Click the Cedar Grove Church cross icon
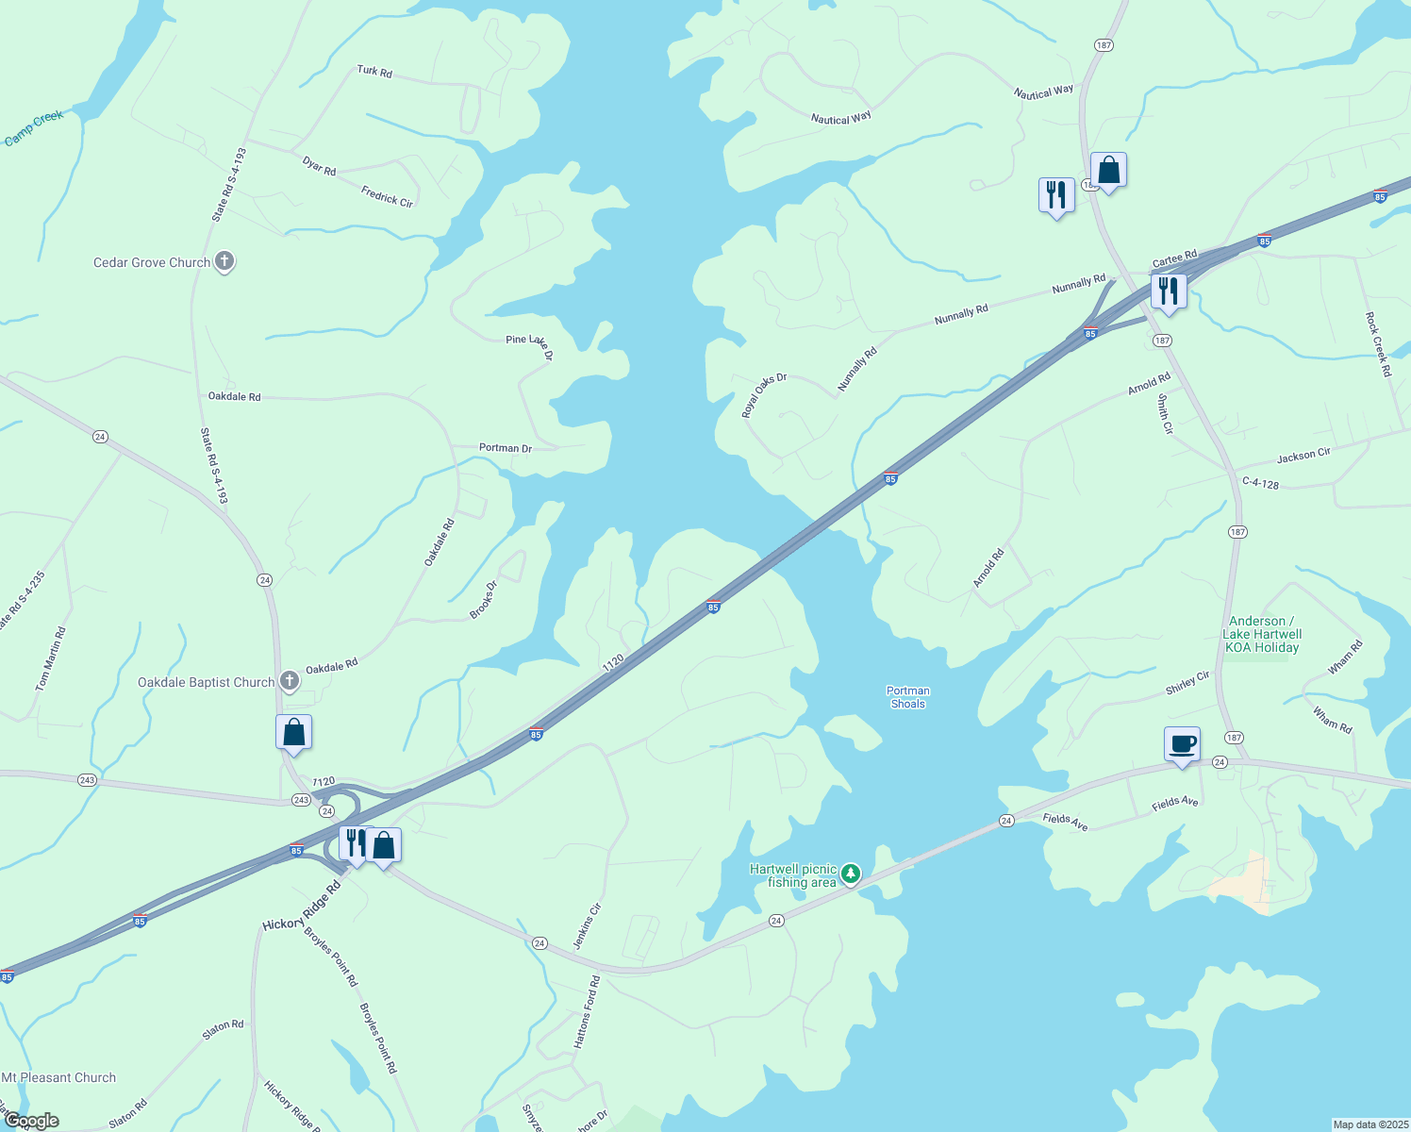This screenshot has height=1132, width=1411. tap(224, 261)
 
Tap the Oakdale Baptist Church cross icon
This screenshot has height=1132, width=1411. tap(290, 680)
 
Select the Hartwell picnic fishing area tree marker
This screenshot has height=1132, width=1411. tap(851, 874)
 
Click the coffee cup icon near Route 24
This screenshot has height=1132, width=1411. tap(1182, 743)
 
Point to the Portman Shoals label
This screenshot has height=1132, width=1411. tap(907, 697)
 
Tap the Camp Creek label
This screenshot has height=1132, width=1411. tap(34, 128)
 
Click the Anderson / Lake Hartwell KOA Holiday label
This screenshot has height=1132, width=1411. tap(1262, 634)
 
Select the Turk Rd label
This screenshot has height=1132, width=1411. tap(374, 71)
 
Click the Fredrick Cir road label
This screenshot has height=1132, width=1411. tap(387, 196)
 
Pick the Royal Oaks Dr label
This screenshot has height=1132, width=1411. tap(763, 395)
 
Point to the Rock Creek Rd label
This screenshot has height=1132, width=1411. tap(1378, 345)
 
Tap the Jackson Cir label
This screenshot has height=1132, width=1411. tap(1303, 456)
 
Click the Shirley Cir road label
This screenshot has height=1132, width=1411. tap(1187, 683)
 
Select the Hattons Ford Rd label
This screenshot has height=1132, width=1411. tap(587, 1013)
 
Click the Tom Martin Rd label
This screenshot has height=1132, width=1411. tap(51, 659)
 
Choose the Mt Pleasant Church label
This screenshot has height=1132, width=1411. tap(58, 1077)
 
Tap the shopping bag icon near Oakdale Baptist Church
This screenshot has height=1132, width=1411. tap(293, 733)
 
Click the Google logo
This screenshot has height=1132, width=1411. tap(31, 1121)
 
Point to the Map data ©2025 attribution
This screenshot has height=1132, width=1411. tap(1369, 1124)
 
